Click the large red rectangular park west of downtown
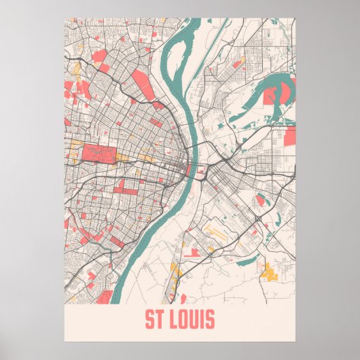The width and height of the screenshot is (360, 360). coord(99,154)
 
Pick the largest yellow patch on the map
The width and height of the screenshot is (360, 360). coord(272,272)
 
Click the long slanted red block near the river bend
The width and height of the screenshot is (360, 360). coord(142,84)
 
